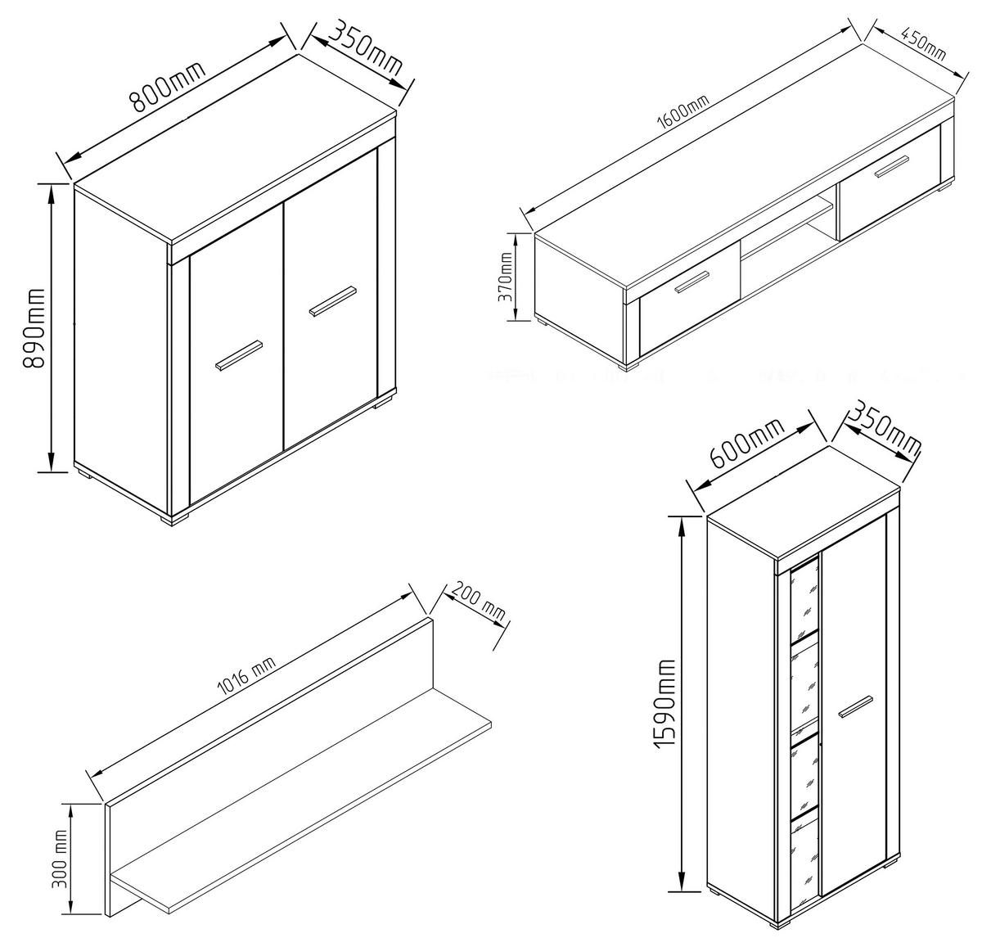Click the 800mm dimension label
(x=168, y=86)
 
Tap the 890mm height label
(x=34, y=327)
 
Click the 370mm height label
(x=505, y=277)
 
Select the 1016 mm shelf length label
(x=245, y=676)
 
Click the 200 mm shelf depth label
(x=477, y=602)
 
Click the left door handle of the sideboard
(x=239, y=355)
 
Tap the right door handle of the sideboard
(x=332, y=301)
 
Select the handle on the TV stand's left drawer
(x=692, y=282)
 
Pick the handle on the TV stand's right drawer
(x=892, y=166)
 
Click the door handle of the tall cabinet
(x=855, y=706)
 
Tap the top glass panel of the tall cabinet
(x=804, y=602)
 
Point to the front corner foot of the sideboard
(x=174, y=520)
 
